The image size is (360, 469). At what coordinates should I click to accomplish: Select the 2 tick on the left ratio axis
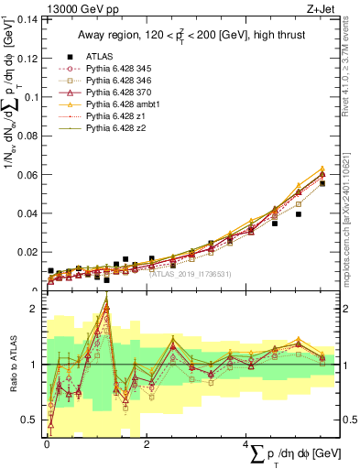tap(35, 309)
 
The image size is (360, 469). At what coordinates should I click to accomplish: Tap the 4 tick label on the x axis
tap(245, 445)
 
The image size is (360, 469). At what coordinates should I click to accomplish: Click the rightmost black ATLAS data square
tap(322, 183)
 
